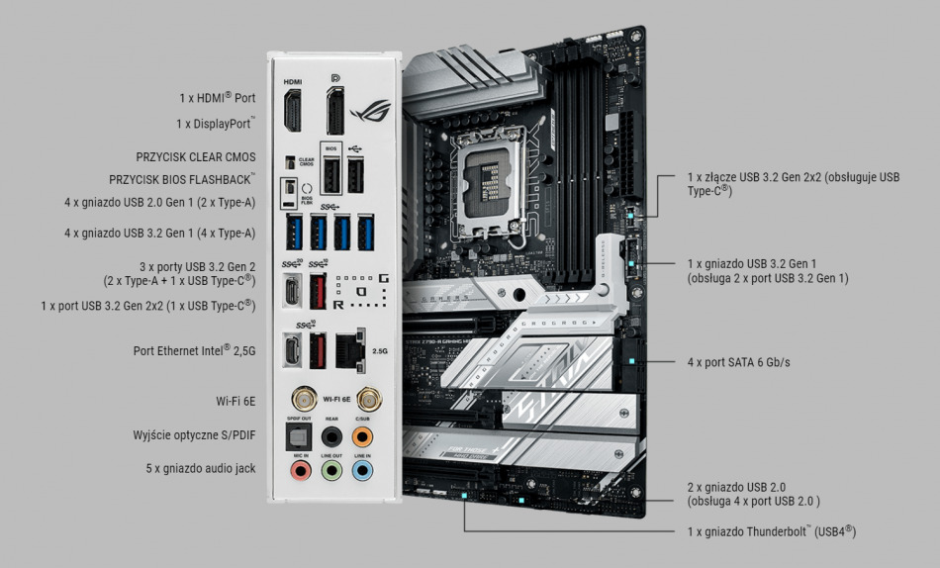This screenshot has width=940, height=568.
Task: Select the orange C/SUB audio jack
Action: pos(363,435)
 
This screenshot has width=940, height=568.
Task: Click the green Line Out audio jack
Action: pos(333,471)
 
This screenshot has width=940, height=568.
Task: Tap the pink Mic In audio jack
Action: pos(298,471)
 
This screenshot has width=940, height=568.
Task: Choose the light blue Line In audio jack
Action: pos(363,471)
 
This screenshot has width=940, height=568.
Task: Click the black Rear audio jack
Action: pos(333,435)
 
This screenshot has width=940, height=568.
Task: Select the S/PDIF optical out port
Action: pos(298,435)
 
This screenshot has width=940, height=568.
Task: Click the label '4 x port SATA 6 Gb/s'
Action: pos(738,363)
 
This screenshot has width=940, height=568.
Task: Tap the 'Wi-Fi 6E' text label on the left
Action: pos(235,402)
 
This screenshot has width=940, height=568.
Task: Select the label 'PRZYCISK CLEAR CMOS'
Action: pos(196,157)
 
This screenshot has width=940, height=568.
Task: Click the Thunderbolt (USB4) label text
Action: pos(772,532)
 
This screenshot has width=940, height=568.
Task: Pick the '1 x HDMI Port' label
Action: pos(217,98)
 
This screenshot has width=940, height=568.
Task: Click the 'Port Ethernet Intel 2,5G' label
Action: pos(194,350)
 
